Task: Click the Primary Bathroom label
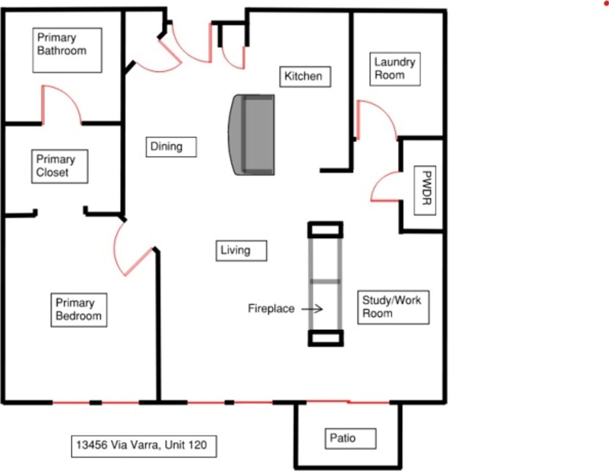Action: (x=67, y=50)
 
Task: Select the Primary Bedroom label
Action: (x=78, y=310)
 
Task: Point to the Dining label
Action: (x=171, y=147)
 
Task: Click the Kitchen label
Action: (x=304, y=77)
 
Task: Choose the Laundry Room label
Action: (x=394, y=68)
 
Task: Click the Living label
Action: (x=241, y=250)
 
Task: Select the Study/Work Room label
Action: (x=393, y=307)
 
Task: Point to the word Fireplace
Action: (x=271, y=309)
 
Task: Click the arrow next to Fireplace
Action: (x=312, y=309)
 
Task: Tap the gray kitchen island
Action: (x=252, y=134)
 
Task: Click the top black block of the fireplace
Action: (x=325, y=230)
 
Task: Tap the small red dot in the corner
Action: (x=606, y=4)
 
